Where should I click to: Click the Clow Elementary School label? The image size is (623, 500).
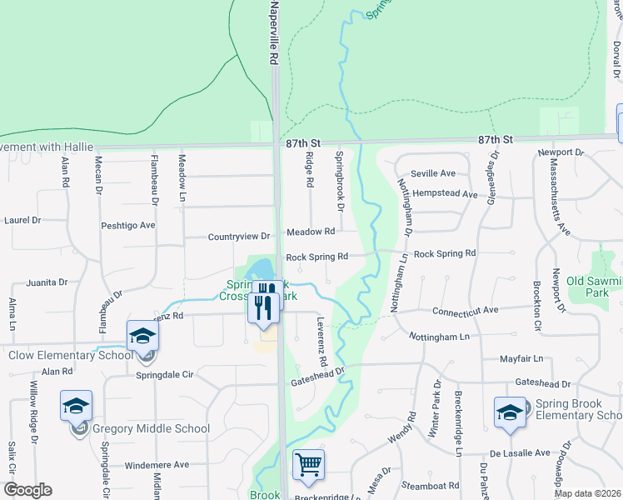coord(70,356)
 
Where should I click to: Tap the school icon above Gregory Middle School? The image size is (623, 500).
coord(76,406)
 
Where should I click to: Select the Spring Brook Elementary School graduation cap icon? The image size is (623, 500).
coord(510,412)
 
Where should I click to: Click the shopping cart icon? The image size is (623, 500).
coord(308,464)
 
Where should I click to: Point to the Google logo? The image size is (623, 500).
coord(27,490)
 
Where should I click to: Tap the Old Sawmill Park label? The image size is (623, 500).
coord(595,287)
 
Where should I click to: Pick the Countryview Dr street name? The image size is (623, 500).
coord(239,237)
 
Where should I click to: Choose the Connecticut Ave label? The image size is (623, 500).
coord(465,310)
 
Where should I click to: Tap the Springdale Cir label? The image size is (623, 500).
coord(164,375)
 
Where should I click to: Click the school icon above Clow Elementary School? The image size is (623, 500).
coord(142,335)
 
